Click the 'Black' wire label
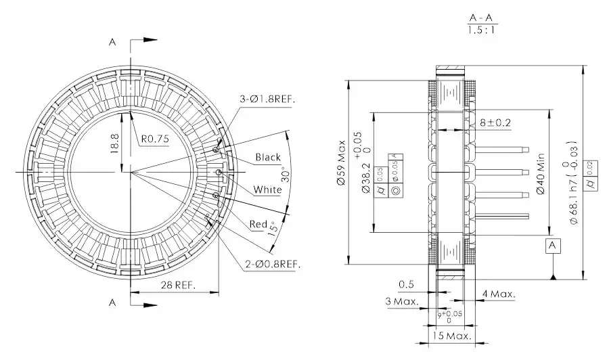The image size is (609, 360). [267, 157]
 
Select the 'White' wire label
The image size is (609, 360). [267, 189]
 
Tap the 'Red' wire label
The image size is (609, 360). [258, 224]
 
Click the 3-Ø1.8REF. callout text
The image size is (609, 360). [269, 99]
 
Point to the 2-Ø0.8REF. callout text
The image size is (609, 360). [273, 263]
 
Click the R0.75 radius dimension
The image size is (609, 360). [155, 139]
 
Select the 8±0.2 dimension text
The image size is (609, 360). [495, 122]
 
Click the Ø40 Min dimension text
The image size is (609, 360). [541, 177]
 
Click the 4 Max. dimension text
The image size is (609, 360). [499, 294]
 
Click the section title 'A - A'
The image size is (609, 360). [479, 18]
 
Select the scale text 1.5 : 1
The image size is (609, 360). [479, 31]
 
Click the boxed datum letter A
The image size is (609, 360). [554, 244]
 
